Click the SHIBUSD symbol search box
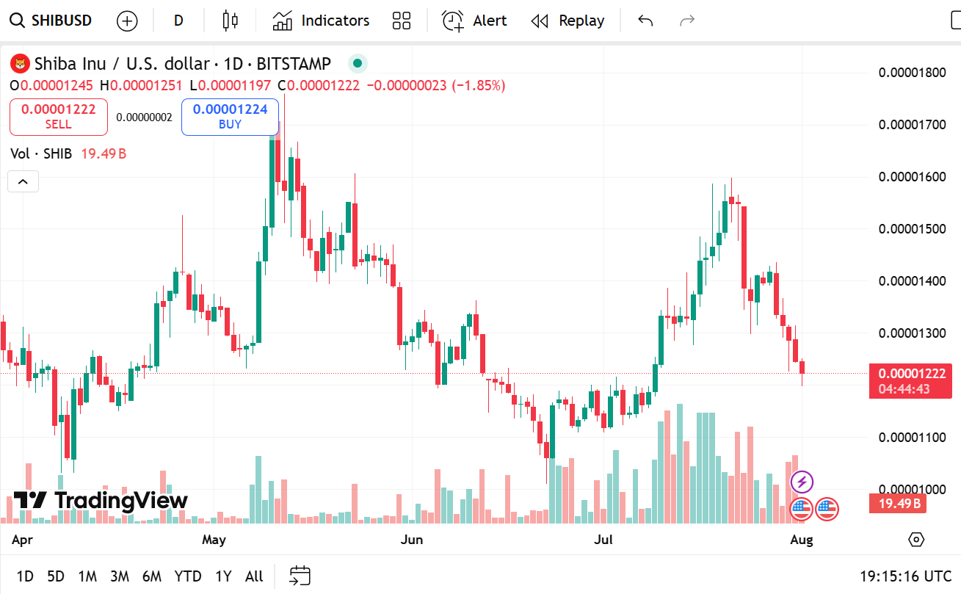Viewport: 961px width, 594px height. [51, 21]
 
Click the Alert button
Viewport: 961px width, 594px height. [474, 21]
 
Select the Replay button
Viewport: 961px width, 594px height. [567, 21]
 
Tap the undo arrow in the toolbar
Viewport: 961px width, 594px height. [645, 21]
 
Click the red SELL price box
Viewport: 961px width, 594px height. [59, 117]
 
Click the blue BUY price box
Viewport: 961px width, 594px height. [230, 117]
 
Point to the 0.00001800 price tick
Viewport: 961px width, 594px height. [912, 72]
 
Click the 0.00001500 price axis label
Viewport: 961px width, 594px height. [912, 229]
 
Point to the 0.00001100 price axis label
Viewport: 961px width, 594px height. [912, 438]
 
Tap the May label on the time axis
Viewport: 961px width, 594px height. [214, 540]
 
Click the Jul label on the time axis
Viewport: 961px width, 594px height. [603, 540]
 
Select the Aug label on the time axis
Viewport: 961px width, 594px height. [802, 540]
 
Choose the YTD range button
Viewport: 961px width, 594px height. [188, 576]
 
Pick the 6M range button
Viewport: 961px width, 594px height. [152, 576]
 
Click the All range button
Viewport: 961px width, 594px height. [254, 576]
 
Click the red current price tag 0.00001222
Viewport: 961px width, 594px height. [910, 374]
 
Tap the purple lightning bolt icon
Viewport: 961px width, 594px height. [802, 482]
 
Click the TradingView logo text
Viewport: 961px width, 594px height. [101, 501]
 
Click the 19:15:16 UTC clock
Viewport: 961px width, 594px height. [906, 576]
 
